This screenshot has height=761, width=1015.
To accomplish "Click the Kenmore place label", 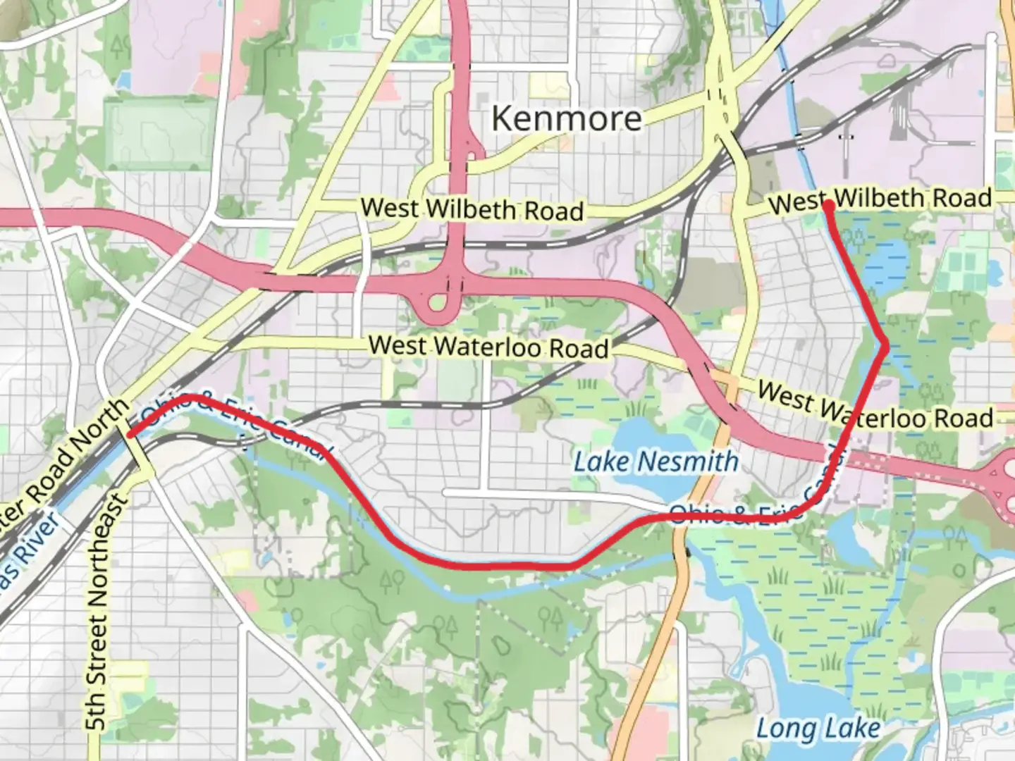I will (567, 118).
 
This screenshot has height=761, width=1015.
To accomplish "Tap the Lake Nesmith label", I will (656, 462).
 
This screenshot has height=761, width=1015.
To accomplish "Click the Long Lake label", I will (818, 729).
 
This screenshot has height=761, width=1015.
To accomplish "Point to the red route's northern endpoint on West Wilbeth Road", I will (829, 205).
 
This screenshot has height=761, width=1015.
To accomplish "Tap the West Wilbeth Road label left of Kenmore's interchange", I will (472, 209).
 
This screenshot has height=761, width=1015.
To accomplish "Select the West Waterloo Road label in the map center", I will (488, 347).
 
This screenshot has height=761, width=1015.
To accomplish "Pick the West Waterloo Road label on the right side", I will (874, 407).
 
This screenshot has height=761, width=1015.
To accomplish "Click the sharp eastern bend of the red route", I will (886, 343).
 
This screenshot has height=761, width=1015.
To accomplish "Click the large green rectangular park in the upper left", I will (160, 134).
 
